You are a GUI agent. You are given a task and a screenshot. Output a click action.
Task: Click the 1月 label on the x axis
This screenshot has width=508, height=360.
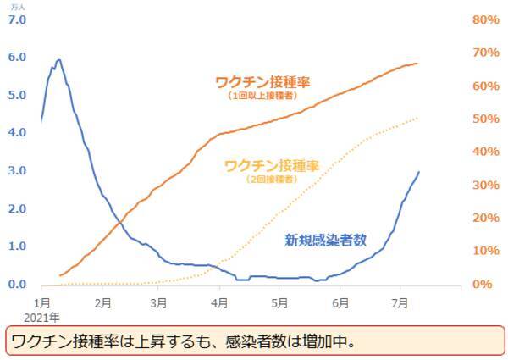(42, 302)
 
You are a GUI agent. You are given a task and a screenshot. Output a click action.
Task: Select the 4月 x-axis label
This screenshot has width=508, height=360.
(219, 302)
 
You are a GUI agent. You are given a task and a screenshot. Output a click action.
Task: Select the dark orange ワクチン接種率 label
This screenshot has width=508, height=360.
(262, 83)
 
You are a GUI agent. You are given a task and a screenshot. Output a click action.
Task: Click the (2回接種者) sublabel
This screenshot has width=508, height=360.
(271, 180)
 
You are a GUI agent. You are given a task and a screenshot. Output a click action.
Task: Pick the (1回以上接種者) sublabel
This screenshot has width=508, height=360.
(262, 97)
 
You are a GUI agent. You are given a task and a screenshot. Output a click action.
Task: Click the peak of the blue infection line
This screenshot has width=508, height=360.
(58, 60)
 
